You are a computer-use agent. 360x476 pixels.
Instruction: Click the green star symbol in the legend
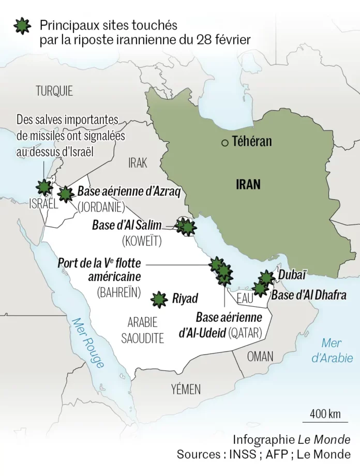pos(22,25)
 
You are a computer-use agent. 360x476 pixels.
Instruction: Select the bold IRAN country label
pos(248,184)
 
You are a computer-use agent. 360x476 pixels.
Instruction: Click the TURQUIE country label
pos(54,92)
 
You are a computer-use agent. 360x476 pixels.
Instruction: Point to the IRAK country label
pos(138,163)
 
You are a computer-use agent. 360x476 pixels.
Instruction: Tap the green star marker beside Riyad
pos(159,299)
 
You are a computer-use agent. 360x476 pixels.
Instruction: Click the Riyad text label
pos(185,299)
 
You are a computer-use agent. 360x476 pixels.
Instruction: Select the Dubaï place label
pos(293,274)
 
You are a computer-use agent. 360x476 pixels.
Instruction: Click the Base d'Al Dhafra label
pos(308,295)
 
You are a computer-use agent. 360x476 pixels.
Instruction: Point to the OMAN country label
pos(260,356)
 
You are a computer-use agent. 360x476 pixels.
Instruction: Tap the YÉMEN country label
pos(186,389)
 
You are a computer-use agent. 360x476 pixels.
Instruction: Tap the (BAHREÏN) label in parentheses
pos(119,292)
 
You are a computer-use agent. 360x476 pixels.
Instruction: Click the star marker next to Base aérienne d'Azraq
pos(65,194)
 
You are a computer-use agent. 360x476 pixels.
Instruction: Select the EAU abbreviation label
pos(245,299)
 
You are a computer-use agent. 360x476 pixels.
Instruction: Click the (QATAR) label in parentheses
pos(245,333)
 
